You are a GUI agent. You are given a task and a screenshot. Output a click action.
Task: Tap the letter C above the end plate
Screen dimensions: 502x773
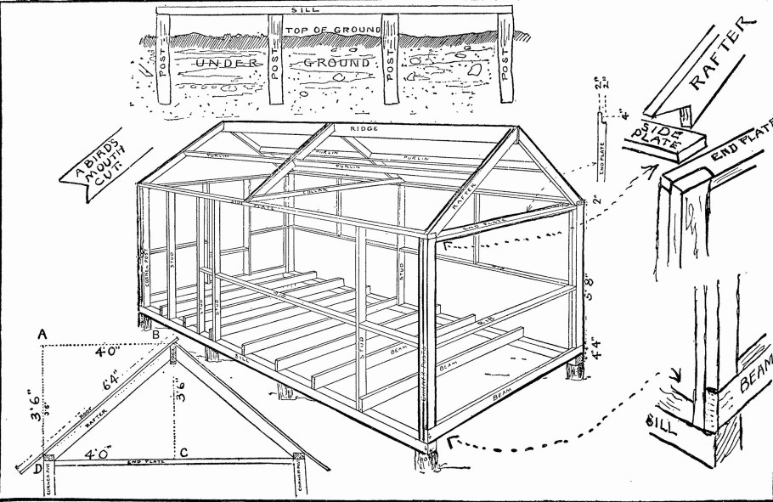point(183,452)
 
